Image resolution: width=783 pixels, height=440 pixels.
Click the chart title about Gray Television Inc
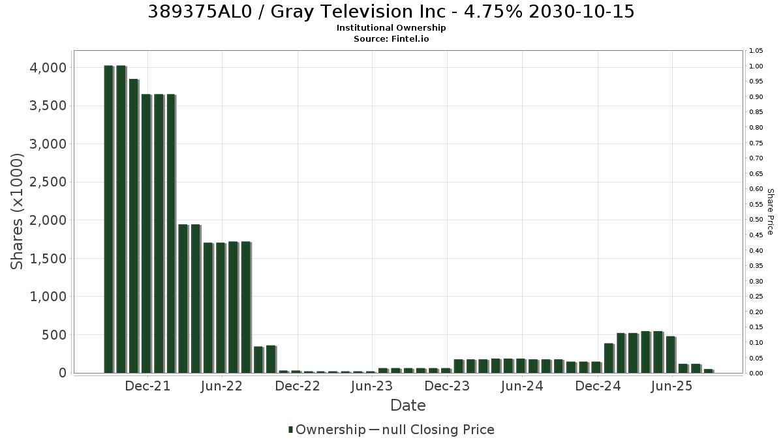point(391,12)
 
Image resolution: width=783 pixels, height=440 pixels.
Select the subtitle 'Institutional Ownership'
point(391,28)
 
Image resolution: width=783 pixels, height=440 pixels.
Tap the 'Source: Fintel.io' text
point(391,38)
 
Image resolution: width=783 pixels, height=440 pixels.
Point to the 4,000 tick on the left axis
point(48,68)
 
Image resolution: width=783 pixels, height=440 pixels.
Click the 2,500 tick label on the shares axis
point(48,182)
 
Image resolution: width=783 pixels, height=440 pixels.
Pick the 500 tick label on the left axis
point(54,335)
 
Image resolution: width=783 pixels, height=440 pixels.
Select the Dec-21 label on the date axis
point(147,386)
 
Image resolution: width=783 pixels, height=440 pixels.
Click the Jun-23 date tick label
point(372,386)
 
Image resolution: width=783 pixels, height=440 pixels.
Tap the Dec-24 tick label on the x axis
point(598,386)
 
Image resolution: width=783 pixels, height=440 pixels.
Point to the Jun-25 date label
point(671,386)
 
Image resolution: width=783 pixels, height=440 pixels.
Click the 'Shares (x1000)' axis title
point(16,212)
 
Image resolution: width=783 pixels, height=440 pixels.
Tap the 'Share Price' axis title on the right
point(770,212)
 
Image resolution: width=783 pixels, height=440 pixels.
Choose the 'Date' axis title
point(408,405)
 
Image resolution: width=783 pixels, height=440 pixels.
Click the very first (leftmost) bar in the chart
point(109,219)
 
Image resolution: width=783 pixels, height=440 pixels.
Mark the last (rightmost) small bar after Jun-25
point(709,371)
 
